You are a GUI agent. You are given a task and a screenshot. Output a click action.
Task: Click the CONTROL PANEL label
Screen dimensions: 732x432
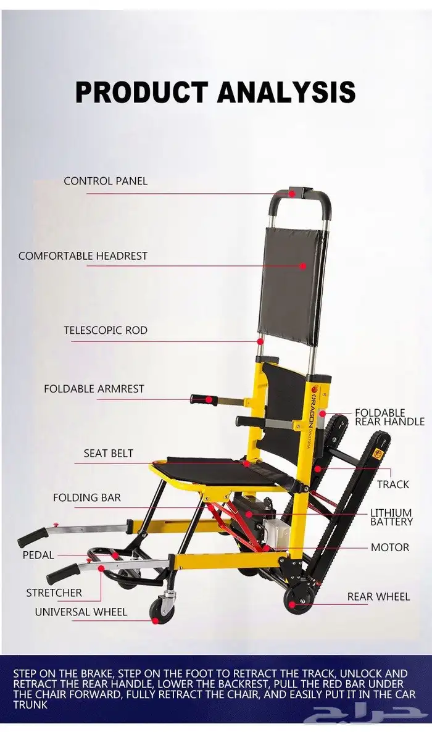106,181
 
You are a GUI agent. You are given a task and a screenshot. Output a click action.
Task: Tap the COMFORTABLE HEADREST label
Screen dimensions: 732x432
83,256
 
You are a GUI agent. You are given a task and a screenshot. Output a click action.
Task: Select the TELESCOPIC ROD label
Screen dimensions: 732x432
106,330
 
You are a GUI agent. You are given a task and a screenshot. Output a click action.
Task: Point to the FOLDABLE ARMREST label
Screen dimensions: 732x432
94,389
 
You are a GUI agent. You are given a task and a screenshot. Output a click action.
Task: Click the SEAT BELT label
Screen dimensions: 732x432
109,453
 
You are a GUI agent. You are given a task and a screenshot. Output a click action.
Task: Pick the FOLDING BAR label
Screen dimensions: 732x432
87,497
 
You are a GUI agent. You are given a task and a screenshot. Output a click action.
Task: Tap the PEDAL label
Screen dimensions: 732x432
38,555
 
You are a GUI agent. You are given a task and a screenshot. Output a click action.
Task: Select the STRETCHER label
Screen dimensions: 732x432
54,593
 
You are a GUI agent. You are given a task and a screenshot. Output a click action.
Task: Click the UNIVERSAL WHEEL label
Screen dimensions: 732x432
81,612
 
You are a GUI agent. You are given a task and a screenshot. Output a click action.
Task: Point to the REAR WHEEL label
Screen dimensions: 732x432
378,596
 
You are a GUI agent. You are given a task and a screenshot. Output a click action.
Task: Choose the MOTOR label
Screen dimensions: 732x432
390,547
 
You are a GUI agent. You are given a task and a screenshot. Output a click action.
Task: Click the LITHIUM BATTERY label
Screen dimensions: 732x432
391,517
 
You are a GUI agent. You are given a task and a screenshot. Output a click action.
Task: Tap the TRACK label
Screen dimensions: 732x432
393,485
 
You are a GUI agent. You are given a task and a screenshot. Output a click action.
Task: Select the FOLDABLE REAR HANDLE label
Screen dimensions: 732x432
389,417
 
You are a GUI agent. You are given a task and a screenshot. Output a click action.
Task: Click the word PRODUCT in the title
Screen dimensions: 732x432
141,91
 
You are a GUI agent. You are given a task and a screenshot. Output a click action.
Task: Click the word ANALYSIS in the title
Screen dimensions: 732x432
286,91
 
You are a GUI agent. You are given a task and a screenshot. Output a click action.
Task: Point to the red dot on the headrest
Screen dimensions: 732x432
302,266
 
